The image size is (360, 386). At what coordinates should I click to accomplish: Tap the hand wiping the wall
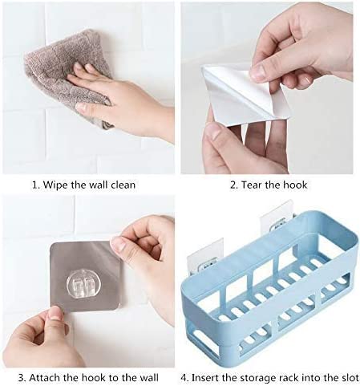pos(120,104)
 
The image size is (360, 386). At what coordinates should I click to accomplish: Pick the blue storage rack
pos(265,309)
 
